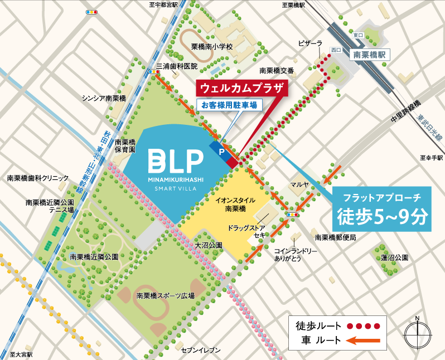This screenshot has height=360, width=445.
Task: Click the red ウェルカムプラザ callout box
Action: (x=241, y=89)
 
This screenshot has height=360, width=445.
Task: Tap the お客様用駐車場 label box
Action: (x=229, y=105)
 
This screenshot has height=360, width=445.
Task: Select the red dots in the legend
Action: (x=362, y=325)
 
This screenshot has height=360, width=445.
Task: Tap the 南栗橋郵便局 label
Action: (x=335, y=237)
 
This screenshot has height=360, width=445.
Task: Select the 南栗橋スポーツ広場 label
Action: (x=165, y=296)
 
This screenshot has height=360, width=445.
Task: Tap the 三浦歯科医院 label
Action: (x=177, y=66)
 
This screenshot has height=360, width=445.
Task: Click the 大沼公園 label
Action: (x=209, y=245)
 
